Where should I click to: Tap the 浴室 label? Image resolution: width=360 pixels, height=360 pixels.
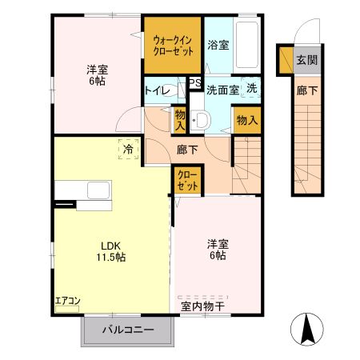coord(218,45)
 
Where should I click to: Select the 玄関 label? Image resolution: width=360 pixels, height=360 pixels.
coord(306,60)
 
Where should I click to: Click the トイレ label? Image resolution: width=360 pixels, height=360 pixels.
coord(157,90)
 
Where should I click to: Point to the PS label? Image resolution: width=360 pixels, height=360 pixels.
coord(194,82)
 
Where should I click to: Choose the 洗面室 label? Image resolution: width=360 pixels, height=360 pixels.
coord(222,90)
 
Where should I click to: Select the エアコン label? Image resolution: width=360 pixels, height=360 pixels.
coord(67,302)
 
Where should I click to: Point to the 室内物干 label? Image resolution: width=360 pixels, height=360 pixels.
coord(203,304)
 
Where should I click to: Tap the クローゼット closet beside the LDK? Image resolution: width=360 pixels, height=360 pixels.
coord(186,181)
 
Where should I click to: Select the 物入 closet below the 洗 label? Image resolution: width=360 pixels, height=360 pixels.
coord(246,121)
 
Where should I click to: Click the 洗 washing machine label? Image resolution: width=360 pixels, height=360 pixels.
coord(251,89)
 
